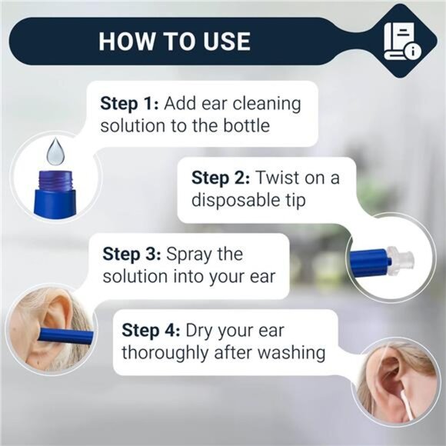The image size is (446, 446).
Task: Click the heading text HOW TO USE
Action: [174, 40]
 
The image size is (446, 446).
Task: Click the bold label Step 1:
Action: [128, 103]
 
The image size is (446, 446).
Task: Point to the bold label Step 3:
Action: [131, 253]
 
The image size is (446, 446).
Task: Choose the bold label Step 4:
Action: [151, 331]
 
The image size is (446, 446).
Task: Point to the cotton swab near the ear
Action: [404, 401]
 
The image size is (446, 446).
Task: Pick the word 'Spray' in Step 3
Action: [189, 253]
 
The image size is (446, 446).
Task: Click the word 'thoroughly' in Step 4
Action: [166, 353]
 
